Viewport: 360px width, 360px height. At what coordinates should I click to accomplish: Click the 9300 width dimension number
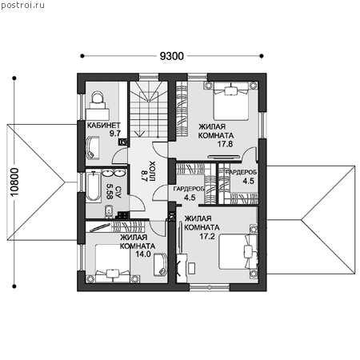[x=172, y=56]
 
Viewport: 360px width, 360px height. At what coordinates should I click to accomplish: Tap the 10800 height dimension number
[x=14, y=182]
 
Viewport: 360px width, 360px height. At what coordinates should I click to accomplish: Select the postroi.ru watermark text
[x=22, y=5]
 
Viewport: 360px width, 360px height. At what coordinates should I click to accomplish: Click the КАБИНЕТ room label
[x=104, y=125]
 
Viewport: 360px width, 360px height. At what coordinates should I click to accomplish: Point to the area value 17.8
[x=225, y=144]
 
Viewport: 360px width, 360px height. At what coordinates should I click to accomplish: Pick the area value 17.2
[x=207, y=236]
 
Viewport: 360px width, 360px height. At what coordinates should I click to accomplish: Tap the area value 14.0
[x=143, y=254]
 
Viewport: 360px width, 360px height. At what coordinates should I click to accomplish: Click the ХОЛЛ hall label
[x=153, y=171]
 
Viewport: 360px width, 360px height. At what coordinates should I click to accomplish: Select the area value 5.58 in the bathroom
[x=110, y=191]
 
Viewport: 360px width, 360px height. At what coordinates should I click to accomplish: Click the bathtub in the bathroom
[x=94, y=186]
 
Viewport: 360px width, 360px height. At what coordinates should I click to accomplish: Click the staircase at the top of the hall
[x=148, y=110]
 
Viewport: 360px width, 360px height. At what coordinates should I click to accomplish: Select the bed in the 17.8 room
[x=231, y=101]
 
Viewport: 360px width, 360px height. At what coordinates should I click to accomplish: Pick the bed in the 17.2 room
[x=238, y=252]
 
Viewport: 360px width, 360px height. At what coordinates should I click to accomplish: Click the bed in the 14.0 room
[x=113, y=263]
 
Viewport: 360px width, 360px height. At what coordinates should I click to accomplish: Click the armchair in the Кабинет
[x=93, y=148]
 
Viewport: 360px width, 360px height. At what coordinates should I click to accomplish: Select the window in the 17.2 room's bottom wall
[x=210, y=287]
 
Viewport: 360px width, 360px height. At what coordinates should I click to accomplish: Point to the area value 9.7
[x=115, y=134]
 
